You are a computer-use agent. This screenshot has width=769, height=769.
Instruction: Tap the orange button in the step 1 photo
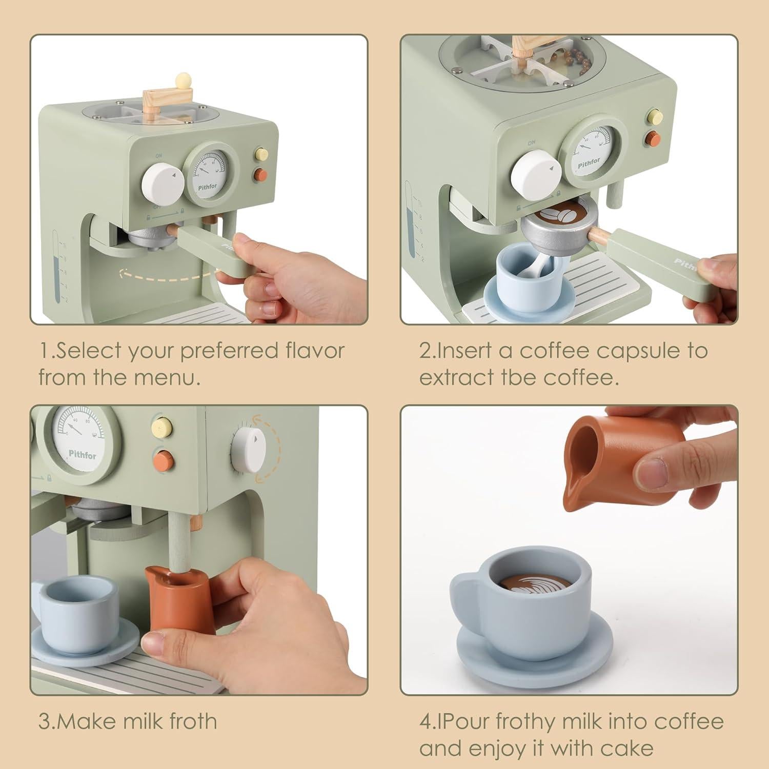coord(261,175)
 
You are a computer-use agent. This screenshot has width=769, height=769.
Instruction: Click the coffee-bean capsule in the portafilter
coord(555,216)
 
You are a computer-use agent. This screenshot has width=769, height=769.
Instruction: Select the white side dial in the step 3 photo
coord(249,450)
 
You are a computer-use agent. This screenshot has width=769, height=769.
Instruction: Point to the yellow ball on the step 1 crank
coord(180,80)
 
